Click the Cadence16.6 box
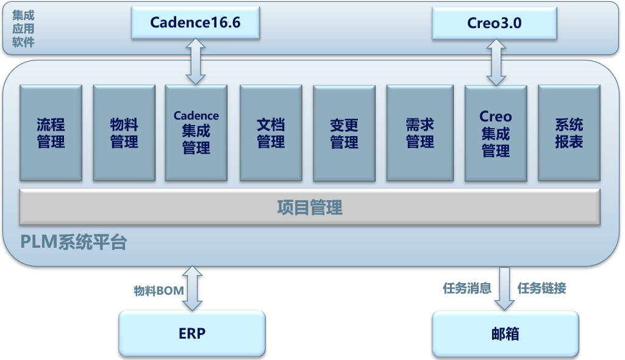(x=195, y=23)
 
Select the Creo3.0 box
(x=495, y=23)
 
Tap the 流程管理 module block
(x=51, y=133)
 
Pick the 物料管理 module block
(x=124, y=133)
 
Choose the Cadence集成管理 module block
(x=196, y=133)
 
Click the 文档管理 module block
(x=271, y=133)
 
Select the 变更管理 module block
(x=344, y=133)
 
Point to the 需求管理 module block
(x=420, y=133)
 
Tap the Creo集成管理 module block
(x=496, y=133)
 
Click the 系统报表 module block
(x=569, y=133)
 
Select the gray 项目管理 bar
(x=310, y=207)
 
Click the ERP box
(x=192, y=333)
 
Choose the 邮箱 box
(x=505, y=334)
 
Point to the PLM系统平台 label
(x=73, y=242)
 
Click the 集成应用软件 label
(x=23, y=29)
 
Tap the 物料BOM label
(x=159, y=290)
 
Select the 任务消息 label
(x=467, y=288)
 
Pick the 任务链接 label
(x=541, y=288)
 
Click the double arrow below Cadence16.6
(x=196, y=62)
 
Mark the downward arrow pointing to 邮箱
(x=505, y=289)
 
